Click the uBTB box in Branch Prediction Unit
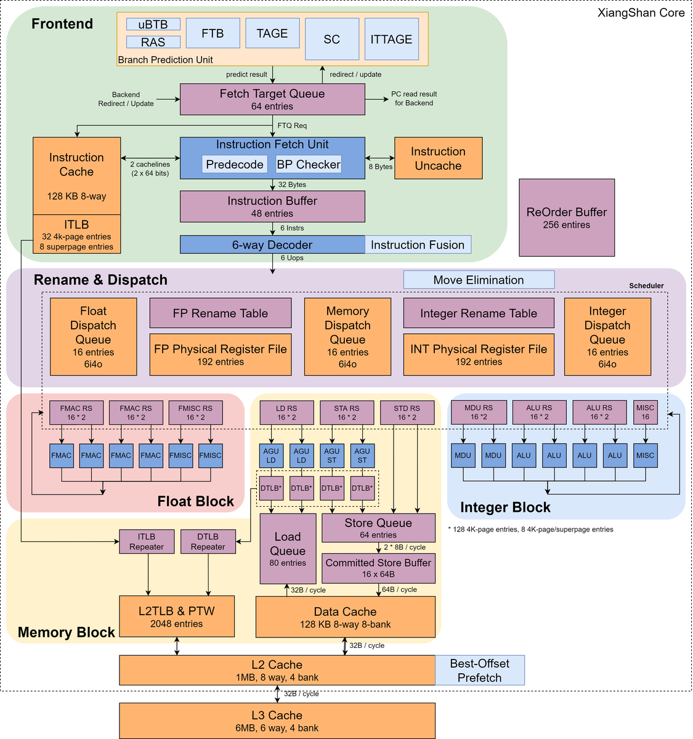tap(153, 24)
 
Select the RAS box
tap(153, 42)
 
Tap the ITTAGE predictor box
tap(391, 39)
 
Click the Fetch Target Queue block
tap(272, 99)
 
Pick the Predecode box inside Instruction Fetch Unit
tap(235, 164)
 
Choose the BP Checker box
tap(309, 164)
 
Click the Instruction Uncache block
tap(439, 158)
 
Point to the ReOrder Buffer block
tap(566, 217)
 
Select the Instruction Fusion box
tap(418, 244)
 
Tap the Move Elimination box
tap(479, 280)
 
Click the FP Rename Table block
tap(221, 313)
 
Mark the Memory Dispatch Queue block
tap(347, 337)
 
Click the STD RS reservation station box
tap(407, 413)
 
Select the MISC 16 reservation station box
tap(646, 412)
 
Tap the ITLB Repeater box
tap(147, 541)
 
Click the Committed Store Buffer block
tap(378, 568)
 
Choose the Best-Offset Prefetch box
tap(480, 670)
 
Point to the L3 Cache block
tap(277, 721)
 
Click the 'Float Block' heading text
tap(195, 501)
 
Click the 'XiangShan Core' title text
tap(641, 13)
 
